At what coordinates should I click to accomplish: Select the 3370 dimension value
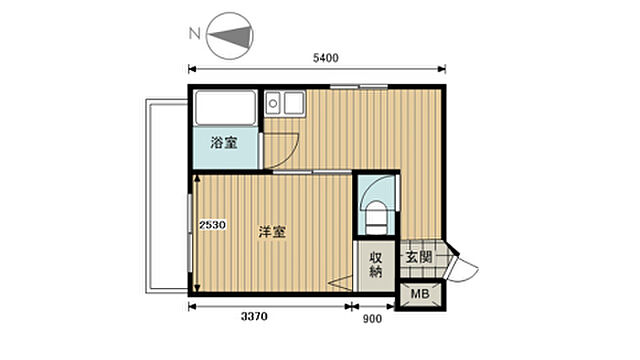click(254, 318)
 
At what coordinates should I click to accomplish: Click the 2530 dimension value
click(212, 225)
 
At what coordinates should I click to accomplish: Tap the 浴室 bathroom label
click(224, 142)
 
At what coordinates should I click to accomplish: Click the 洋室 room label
click(272, 233)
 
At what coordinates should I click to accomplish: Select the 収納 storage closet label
click(376, 263)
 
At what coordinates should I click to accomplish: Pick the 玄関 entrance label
click(418, 256)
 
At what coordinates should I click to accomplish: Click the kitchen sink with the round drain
click(274, 102)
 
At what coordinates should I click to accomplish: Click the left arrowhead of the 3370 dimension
click(193, 305)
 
